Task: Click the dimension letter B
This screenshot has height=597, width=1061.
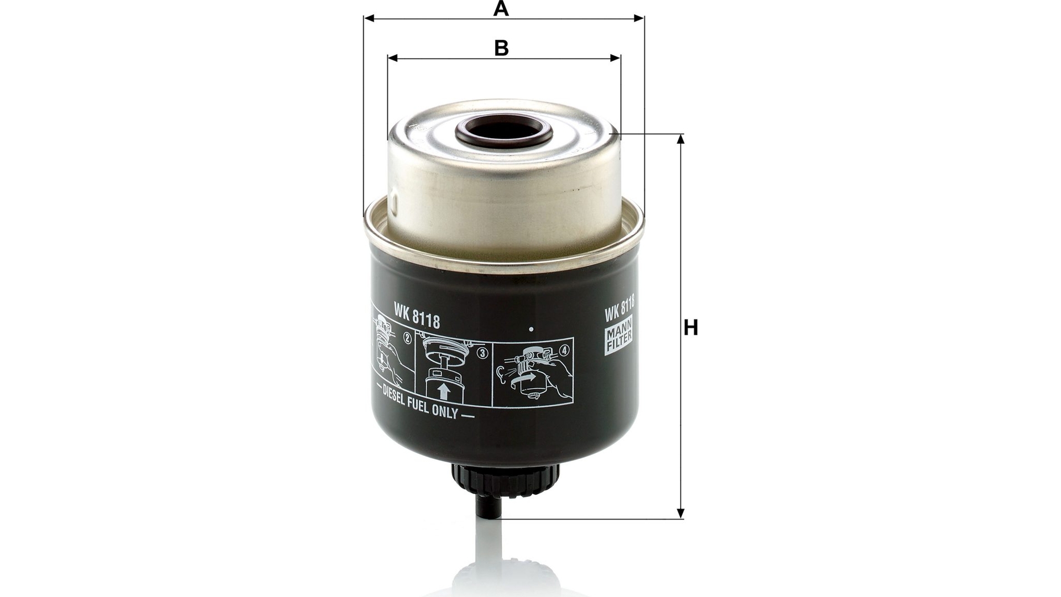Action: (x=501, y=48)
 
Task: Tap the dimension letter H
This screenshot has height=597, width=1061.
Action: (x=691, y=328)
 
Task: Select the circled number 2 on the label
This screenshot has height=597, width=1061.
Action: (x=408, y=338)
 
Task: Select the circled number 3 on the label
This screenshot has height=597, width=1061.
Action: (x=484, y=354)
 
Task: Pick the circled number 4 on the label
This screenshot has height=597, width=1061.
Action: (x=564, y=350)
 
